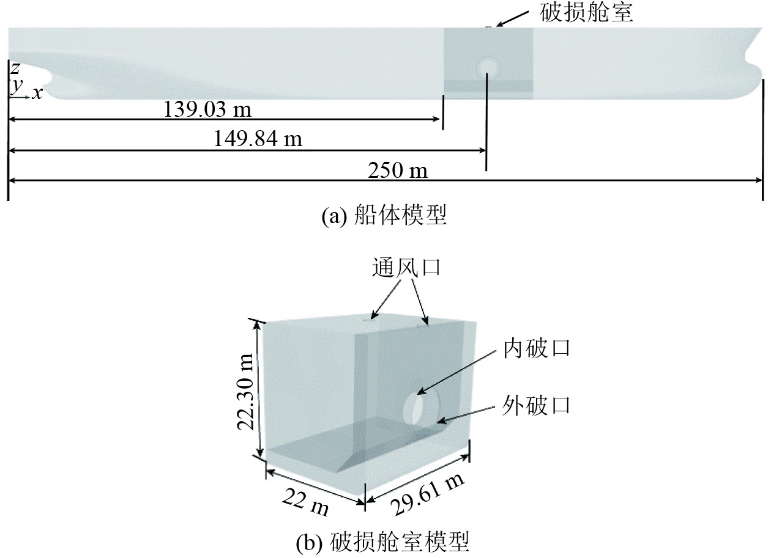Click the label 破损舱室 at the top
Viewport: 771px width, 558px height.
point(586,12)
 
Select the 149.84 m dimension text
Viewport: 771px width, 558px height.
point(258,139)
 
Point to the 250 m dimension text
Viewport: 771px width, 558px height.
point(398,171)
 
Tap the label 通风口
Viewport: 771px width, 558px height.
point(406,268)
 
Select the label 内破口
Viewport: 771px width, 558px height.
point(537,348)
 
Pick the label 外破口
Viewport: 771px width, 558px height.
point(537,405)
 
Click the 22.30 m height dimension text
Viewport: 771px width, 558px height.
point(247,390)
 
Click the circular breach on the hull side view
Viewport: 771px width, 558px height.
point(488,65)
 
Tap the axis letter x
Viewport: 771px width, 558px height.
point(38,94)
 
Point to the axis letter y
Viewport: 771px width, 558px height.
point(16,86)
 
